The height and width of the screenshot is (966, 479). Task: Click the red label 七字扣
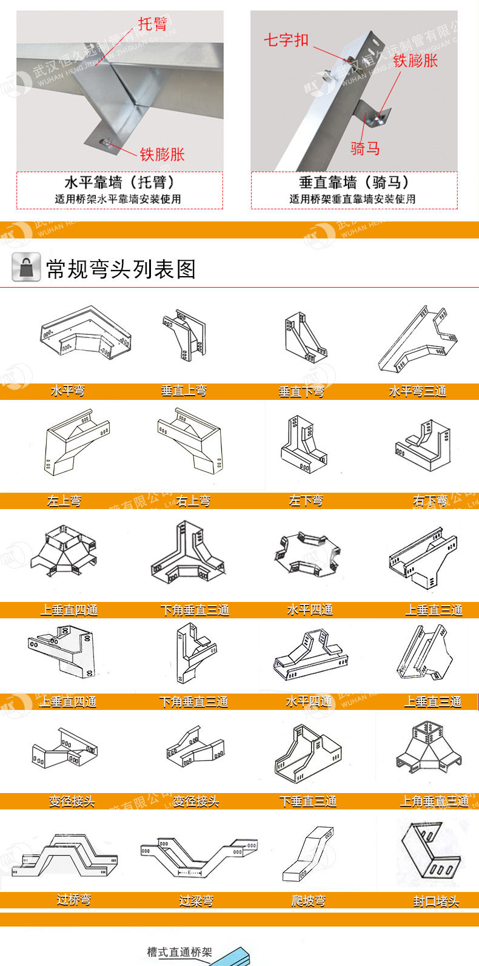(286, 40)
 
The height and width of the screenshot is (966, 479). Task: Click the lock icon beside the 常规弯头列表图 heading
(26, 267)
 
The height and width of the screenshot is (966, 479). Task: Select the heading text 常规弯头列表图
(121, 268)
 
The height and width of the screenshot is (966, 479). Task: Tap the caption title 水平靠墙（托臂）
(119, 183)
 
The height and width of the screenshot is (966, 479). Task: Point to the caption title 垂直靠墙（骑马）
(354, 183)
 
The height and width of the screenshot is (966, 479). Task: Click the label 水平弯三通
(417, 391)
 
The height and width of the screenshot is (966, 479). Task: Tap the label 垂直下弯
(301, 392)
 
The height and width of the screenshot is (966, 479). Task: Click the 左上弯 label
(64, 501)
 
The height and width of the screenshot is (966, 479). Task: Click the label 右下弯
(430, 501)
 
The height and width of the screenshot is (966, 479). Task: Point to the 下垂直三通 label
(308, 802)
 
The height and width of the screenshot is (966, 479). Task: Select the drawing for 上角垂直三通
(429, 753)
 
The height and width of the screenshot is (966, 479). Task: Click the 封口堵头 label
(436, 902)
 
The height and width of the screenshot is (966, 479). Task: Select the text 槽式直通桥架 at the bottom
(179, 952)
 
